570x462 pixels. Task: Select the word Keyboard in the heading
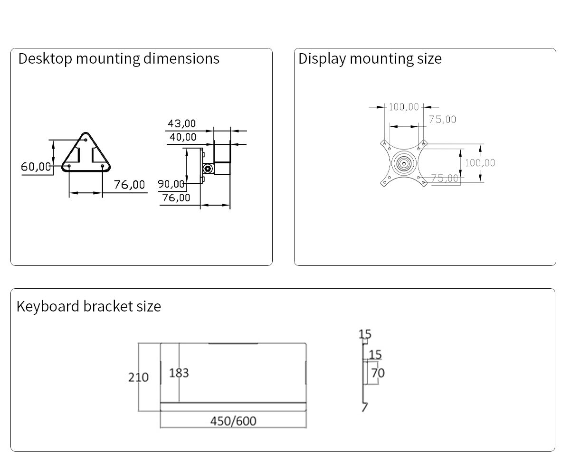(47, 306)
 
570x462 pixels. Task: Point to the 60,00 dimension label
(36, 167)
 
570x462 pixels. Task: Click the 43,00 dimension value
(181, 123)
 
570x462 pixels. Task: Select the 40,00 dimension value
(183, 137)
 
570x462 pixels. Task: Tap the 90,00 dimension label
(171, 184)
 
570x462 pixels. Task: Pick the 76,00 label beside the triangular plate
(129, 184)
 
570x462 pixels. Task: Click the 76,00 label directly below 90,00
(176, 198)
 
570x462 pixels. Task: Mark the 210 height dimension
(138, 377)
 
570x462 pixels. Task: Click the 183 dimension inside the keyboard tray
(179, 373)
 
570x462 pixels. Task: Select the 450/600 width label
(233, 421)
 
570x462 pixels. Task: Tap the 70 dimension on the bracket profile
(378, 373)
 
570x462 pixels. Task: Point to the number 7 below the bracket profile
(364, 407)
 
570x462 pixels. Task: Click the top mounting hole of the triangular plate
(85, 140)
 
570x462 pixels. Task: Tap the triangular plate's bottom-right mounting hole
(103, 166)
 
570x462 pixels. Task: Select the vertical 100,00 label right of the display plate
(480, 163)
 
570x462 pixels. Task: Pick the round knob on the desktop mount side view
(207, 169)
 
